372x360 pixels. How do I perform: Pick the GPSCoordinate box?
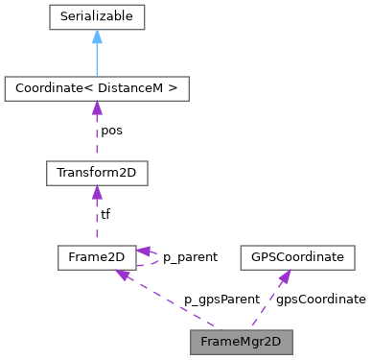click(x=297, y=257)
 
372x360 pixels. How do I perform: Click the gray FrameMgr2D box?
click(x=240, y=341)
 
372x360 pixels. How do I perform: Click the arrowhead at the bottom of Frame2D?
click(x=123, y=276)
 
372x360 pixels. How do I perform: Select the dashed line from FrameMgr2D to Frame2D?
click(x=173, y=304)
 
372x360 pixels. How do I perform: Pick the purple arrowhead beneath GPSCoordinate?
click(x=285, y=276)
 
